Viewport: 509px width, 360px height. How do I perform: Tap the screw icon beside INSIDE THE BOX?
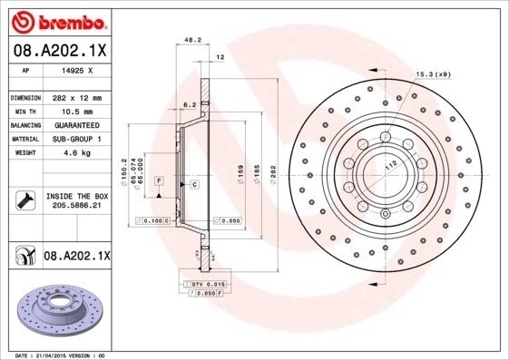pyautogui.click(x=25, y=200)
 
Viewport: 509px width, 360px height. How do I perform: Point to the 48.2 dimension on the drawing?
pyautogui.click(x=192, y=40)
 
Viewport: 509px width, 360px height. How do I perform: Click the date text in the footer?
pyautogui.click(x=55, y=355)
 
